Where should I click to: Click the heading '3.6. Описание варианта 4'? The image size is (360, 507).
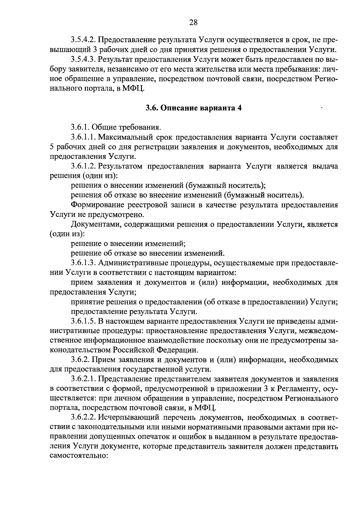tap(193, 108)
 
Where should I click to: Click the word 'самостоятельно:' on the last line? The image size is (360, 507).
tap(78, 456)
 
